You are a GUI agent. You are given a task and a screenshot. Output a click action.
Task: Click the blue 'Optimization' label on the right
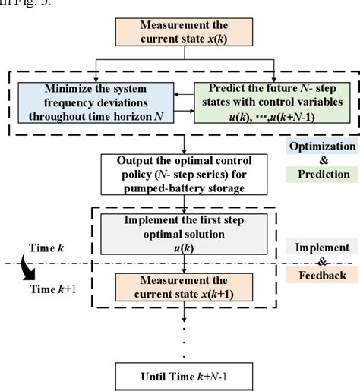tap(323, 146)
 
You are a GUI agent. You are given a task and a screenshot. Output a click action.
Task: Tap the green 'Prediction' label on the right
tap(323, 175)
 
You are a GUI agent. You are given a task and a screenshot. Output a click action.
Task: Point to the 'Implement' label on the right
tap(323, 248)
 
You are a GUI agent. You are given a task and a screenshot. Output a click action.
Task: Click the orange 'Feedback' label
tap(323, 275)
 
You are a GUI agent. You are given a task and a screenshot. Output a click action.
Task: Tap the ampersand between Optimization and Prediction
tap(323, 160)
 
